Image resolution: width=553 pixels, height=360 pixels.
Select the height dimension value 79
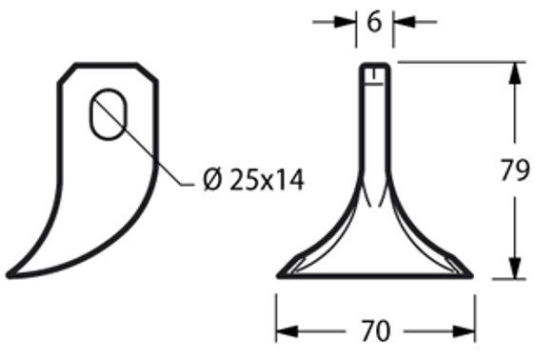click(x=515, y=171)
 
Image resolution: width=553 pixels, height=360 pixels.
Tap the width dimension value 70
click(x=375, y=331)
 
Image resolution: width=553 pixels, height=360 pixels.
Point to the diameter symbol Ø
click(x=213, y=179)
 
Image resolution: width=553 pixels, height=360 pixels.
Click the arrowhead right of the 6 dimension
click(x=400, y=20)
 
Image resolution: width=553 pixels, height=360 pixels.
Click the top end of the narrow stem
click(x=375, y=66)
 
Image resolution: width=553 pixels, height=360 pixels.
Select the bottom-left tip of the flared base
click(x=280, y=276)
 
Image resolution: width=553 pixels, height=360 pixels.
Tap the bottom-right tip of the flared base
click(x=471, y=276)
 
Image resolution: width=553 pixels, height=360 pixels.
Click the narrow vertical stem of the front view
click(x=375, y=124)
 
